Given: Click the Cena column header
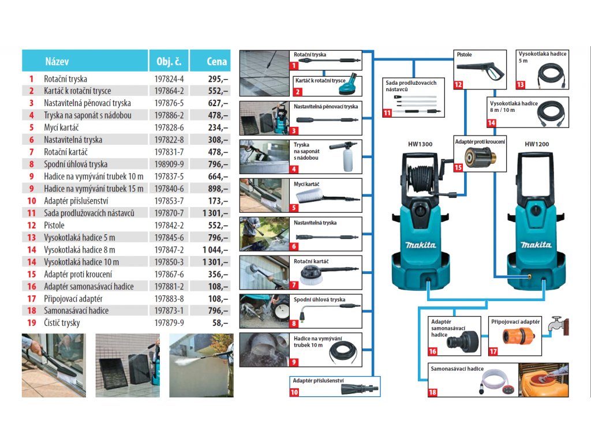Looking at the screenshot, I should coord(216,62).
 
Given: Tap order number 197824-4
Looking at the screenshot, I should coord(169,78).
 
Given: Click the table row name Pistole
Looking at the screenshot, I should coord(54,225).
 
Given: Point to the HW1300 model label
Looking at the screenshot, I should coord(420,144).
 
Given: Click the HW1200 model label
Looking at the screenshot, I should coord(537,144).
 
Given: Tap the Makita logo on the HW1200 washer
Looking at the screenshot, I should coord(536,245).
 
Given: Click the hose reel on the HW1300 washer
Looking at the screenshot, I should coord(425,172).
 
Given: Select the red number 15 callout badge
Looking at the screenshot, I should coord(458,168).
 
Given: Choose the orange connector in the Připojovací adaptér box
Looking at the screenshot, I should coord(513,336).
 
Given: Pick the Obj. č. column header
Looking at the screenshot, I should coord(169,62).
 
